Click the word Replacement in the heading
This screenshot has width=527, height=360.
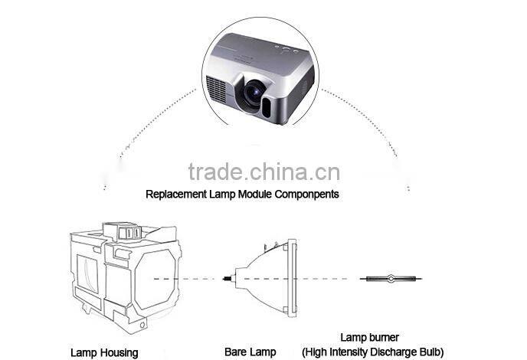[175, 194]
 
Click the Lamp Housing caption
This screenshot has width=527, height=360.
[105, 352]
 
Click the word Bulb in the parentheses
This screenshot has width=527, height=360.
[429, 352]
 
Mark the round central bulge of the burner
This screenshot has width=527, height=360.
[391, 277]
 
